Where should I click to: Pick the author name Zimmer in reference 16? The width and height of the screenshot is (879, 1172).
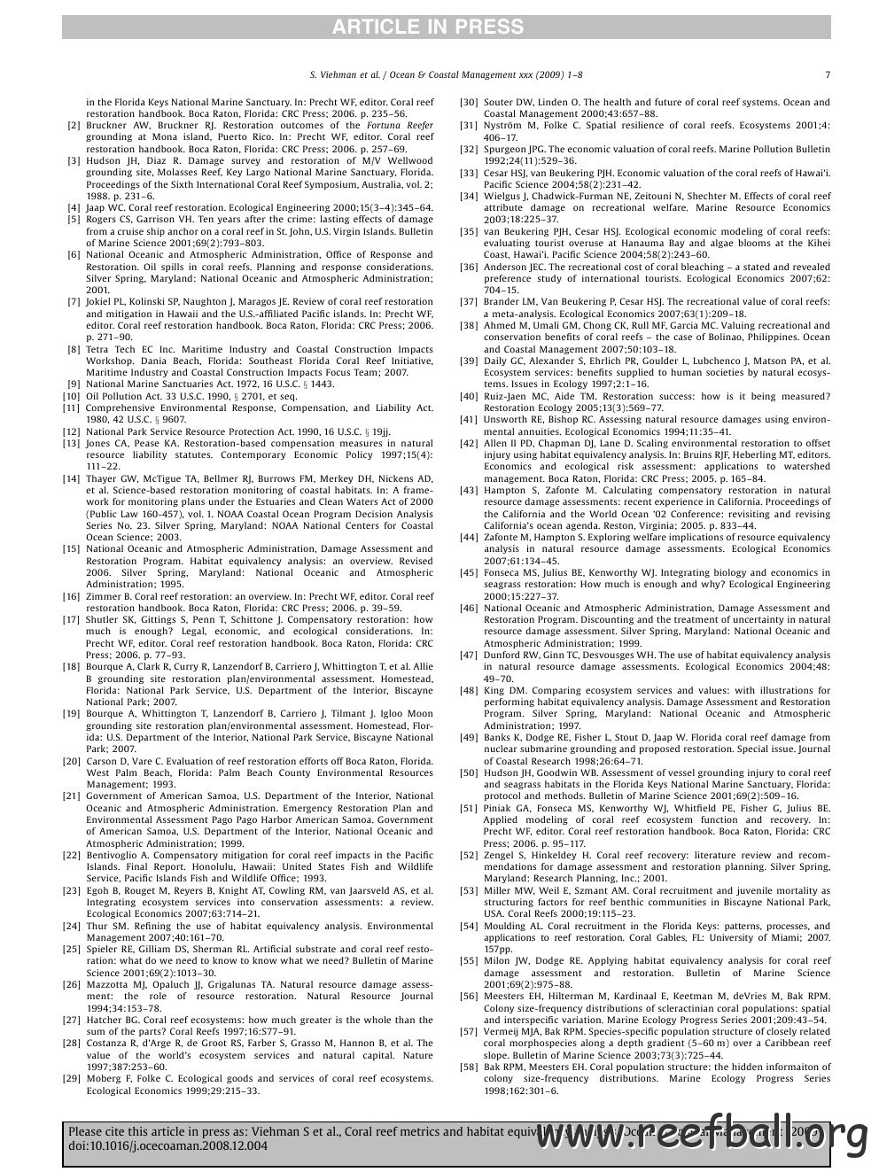[104, 596]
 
